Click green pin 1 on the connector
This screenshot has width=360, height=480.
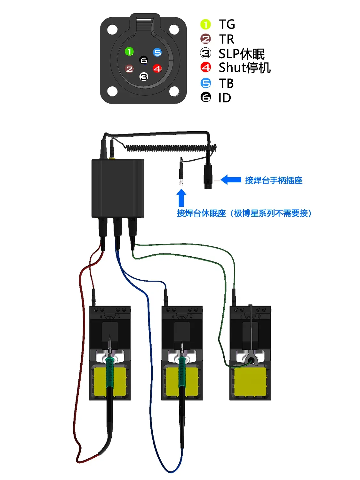click(129, 52)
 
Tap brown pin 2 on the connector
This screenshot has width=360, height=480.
click(129, 69)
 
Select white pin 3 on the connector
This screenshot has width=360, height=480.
click(144, 77)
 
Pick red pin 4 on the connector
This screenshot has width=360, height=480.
click(157, 68)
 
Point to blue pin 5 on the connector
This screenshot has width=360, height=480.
click(157, 52)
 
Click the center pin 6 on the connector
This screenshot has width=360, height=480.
click(144, 60)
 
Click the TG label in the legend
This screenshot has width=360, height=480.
click(227, 24)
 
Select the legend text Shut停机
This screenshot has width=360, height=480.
click(245, 68)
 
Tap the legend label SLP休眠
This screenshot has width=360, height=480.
click(242, 54)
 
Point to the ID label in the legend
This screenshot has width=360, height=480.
click(225, 98)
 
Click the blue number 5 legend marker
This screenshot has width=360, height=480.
click(206, 83)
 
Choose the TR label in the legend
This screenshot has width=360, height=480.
click(227, 39)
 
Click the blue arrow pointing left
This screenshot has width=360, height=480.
click(231, 180)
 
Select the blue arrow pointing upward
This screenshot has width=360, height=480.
click(181, 197)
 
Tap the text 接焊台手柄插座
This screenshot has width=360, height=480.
click(274, 180)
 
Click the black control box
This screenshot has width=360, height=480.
click(118, 188)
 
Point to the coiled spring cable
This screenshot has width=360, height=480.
click(170, 148)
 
